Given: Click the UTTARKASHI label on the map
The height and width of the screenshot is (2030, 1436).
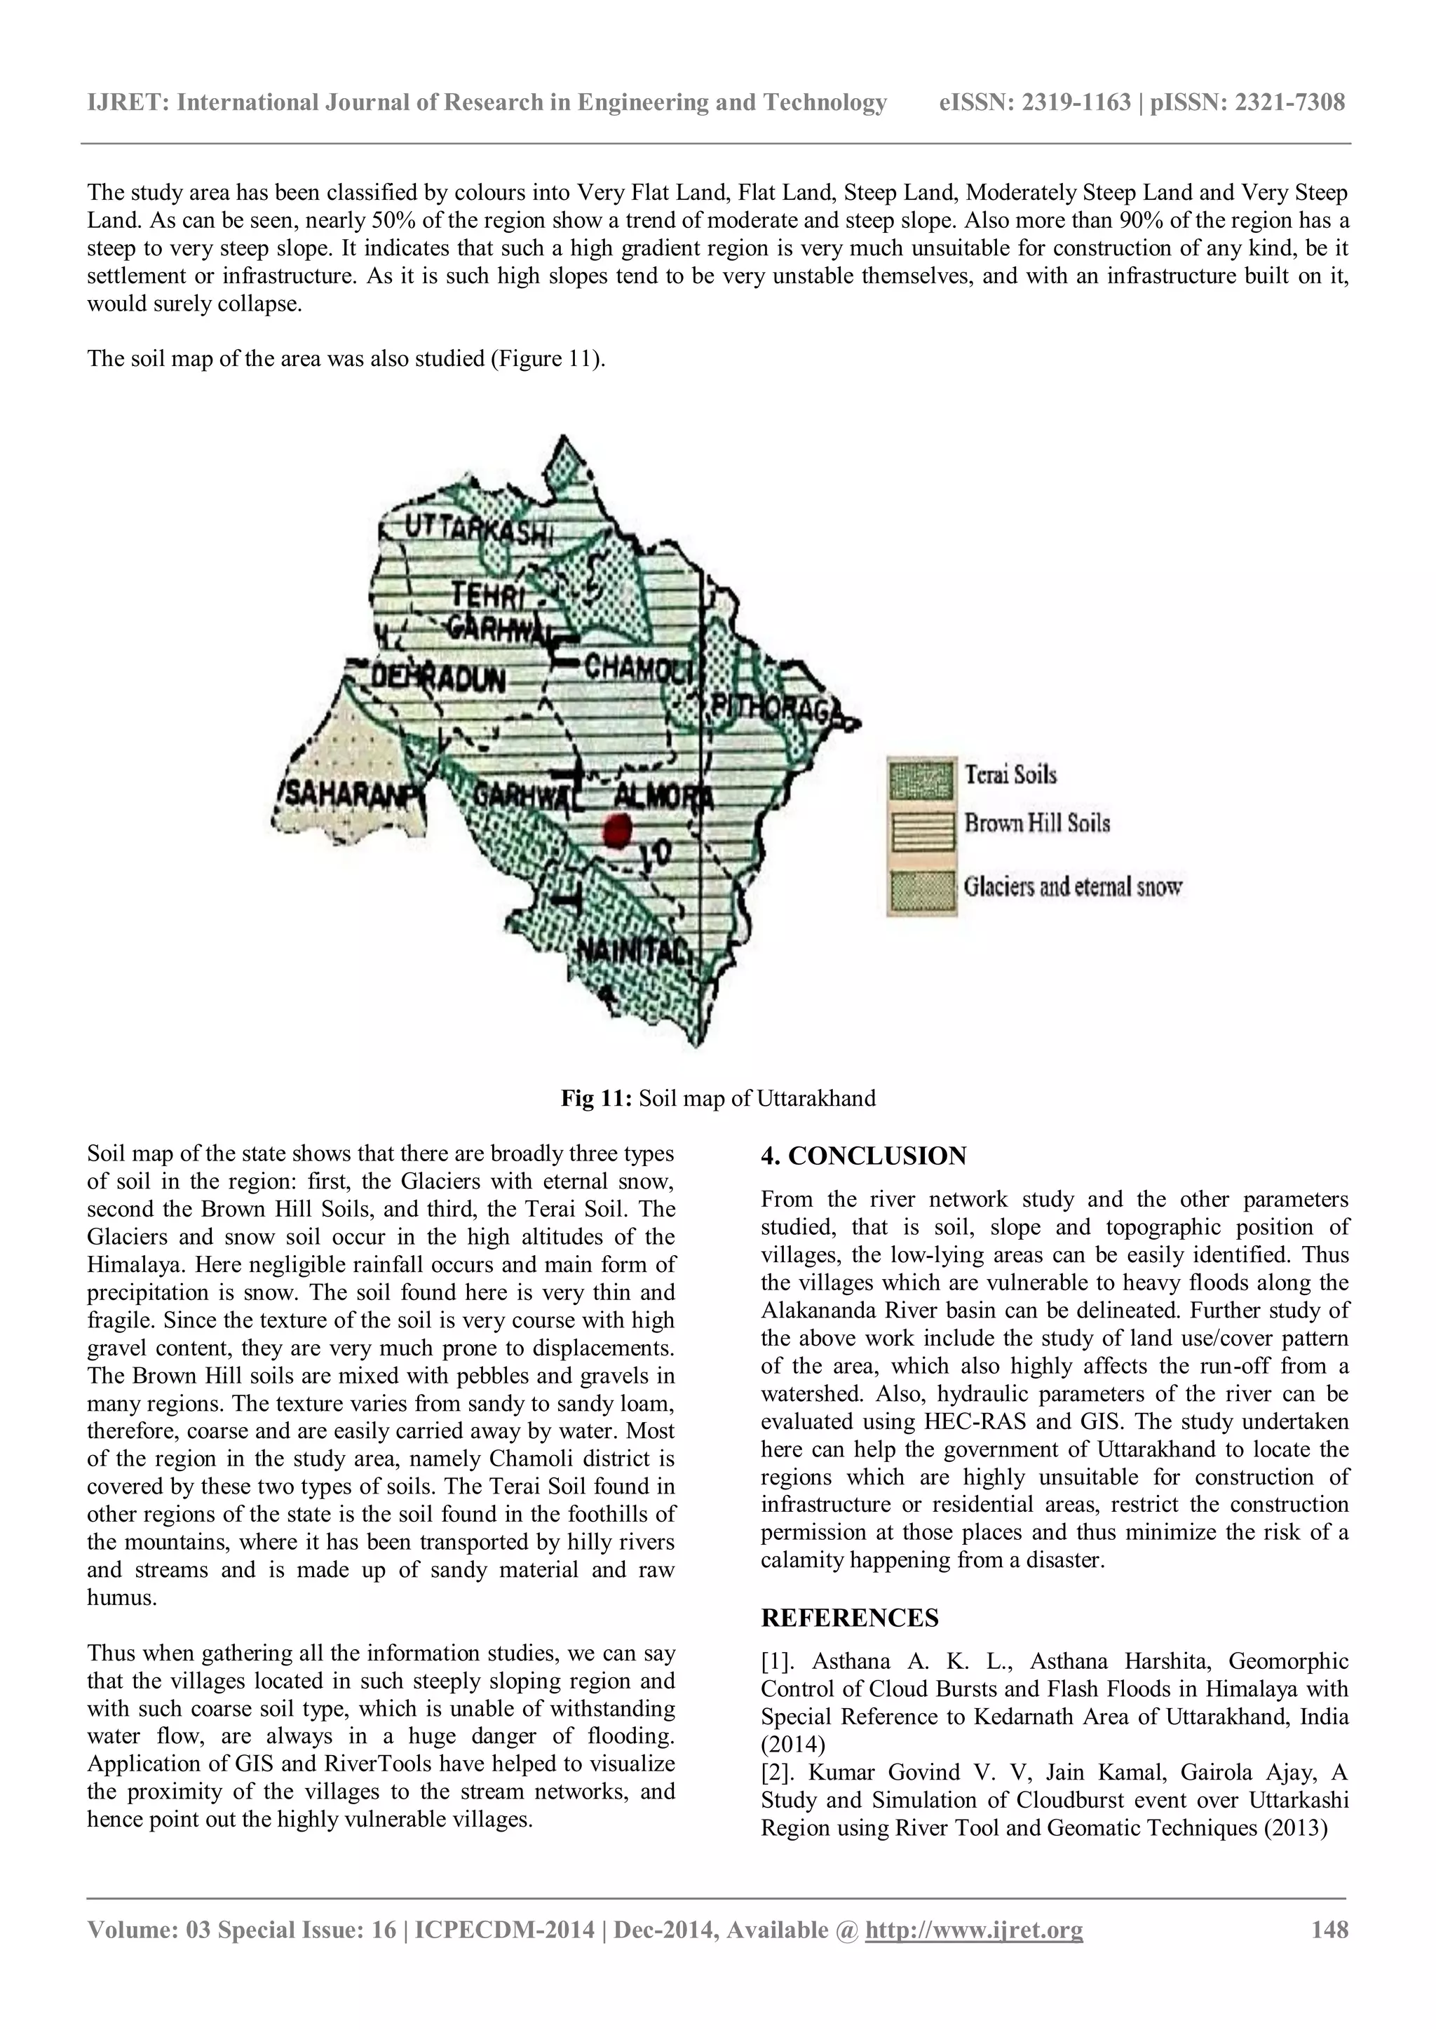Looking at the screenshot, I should [x=478, y=529].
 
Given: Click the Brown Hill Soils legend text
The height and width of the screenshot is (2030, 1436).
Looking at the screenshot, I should [x=1036, y=823].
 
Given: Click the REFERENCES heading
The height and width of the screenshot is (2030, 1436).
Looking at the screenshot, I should [x=849, y=1617].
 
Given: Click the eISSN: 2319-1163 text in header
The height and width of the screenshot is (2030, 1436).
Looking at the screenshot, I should [x=1034, y=102].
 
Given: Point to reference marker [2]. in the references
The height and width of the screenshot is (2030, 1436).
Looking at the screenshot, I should [x=778, y=1771].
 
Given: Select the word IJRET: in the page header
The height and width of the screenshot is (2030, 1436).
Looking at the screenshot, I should [x=128, y=102].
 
